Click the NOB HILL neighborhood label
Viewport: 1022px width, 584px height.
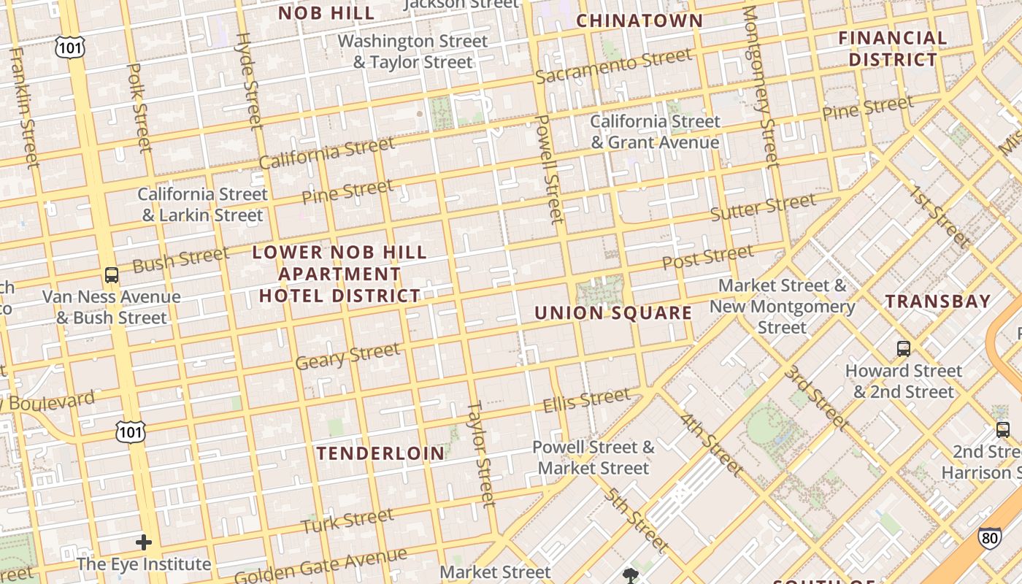pos(326,12)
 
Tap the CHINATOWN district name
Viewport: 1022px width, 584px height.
pos(639,20)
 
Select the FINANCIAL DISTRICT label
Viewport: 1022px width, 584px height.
pos(892,48)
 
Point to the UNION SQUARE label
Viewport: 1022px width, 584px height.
pos(613,313)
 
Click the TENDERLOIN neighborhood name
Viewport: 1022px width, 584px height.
pos(380,453)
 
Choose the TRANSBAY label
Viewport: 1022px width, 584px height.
pos(938,301)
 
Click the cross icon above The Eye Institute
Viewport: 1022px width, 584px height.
pos(144,542)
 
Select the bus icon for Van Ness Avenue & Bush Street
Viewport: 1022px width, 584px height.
pos(111,275)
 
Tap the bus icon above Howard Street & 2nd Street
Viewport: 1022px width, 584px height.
pos(904,348)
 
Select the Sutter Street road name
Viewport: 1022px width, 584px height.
pos(763,207)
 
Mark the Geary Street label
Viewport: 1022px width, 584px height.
pos(347,356)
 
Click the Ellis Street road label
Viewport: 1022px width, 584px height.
pos(586,400)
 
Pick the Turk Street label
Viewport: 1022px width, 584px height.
pos(347,521)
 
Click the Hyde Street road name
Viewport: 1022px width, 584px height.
pos(248,80)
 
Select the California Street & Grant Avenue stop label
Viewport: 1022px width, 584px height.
pos(655,131)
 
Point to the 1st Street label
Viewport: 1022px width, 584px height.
pos(939,217)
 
